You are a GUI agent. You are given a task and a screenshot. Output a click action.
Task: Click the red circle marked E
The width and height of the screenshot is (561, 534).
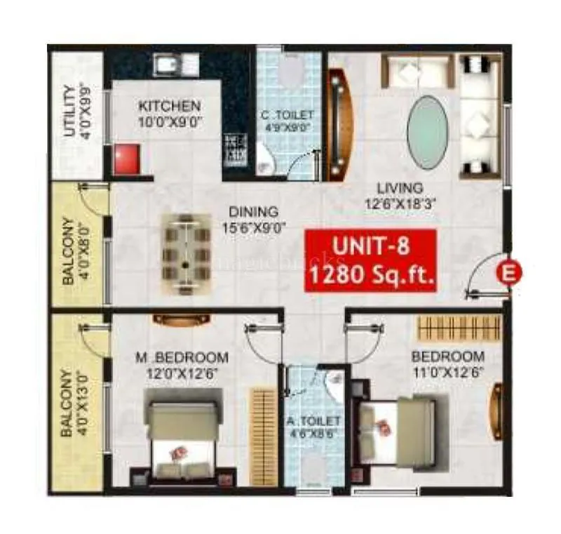[506, 272]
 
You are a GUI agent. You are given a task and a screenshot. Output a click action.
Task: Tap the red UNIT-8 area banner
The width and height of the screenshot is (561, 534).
[370, 259]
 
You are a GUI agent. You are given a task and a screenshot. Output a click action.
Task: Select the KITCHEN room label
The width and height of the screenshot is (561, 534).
[170, 107]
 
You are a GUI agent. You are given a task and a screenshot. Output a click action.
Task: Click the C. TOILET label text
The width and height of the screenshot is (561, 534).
[289, 114]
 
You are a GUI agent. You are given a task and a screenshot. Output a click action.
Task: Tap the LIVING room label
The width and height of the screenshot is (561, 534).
[399, 188]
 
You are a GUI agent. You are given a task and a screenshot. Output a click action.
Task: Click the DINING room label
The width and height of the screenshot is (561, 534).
[252, 211]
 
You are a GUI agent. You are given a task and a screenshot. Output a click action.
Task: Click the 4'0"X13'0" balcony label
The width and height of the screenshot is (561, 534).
[74, 403]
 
